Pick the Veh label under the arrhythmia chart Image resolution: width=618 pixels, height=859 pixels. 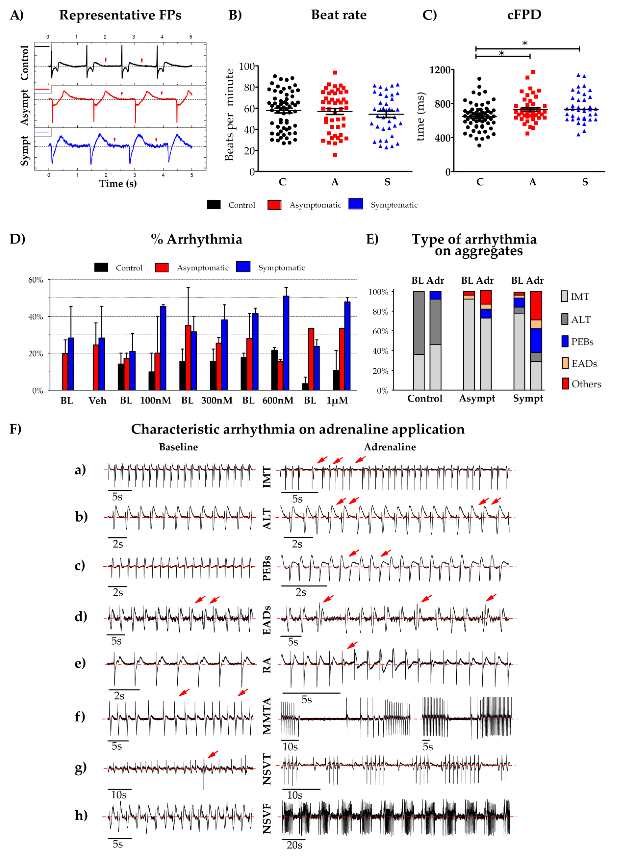pos(97,400)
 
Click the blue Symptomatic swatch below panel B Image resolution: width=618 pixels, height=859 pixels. pos(356,204)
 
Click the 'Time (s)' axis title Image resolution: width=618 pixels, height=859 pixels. pos(118,184)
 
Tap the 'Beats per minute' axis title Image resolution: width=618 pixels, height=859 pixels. pos(229,115)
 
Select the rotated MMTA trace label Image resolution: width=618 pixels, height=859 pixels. pos(267,716)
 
